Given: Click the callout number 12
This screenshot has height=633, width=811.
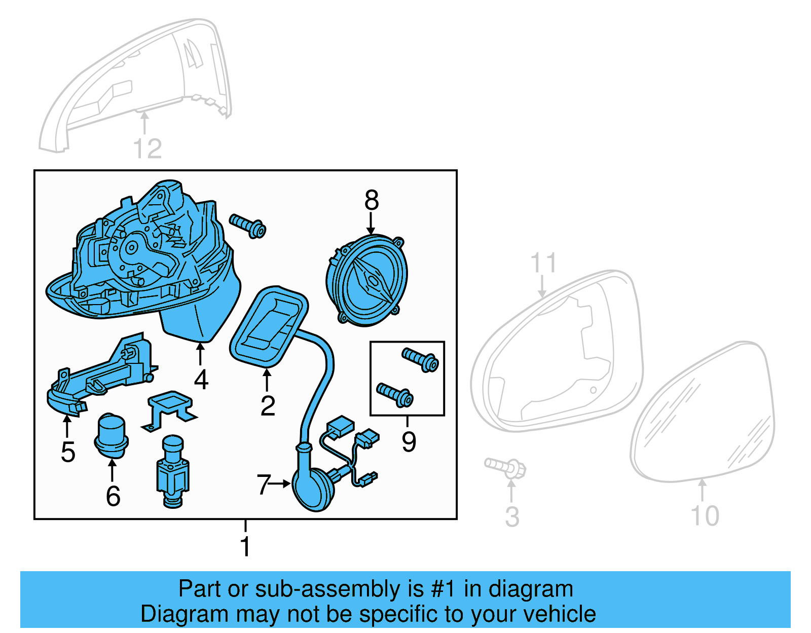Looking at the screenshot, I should (147, 149).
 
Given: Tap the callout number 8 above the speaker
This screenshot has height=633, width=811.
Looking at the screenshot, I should (371, 201).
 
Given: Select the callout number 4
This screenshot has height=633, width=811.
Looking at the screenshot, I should (201, 380).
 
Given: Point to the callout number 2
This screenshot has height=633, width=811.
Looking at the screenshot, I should (268, 406).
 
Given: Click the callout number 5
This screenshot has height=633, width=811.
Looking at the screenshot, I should (68, 452).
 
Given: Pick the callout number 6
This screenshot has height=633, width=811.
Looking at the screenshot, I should (113, 496).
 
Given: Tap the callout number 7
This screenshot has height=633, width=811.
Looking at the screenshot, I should (264, 485).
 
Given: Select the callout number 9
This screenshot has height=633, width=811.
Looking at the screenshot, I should (409, 441).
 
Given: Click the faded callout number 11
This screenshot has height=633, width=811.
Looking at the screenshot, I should (543, 263).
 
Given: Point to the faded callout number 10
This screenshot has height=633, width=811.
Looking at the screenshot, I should (705, 516).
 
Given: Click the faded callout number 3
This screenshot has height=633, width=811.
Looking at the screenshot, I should (512, 517).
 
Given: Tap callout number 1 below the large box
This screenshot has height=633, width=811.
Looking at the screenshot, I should (245, 546).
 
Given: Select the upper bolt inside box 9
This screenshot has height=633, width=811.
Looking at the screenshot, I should (420, 359).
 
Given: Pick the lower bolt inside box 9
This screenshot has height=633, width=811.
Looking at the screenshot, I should (395, 395).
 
